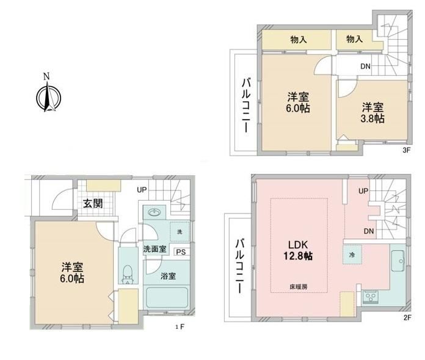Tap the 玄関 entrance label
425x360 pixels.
point(93,203)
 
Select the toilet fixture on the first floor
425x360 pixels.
point(127,274)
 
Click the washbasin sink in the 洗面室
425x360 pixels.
point(154,212)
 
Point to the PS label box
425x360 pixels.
point(181,252)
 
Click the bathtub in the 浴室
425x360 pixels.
point(167,297)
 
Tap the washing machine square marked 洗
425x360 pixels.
point(180,232)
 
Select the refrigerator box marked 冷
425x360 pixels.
point(352,254)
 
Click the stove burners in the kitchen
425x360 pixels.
point(371,296)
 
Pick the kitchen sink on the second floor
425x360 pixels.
point(398,261)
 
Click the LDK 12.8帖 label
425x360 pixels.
point(298,250)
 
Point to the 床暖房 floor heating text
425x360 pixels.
point(299,287)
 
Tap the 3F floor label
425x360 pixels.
point(406,150)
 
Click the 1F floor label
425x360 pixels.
point(180,327)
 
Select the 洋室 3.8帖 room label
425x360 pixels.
point(372,113)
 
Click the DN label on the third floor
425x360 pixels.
point(365,66)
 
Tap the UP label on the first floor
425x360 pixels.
point(142,190)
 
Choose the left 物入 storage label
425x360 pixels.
point(299,40)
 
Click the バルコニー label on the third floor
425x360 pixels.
point(246,106)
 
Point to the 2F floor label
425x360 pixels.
point(407,317)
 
